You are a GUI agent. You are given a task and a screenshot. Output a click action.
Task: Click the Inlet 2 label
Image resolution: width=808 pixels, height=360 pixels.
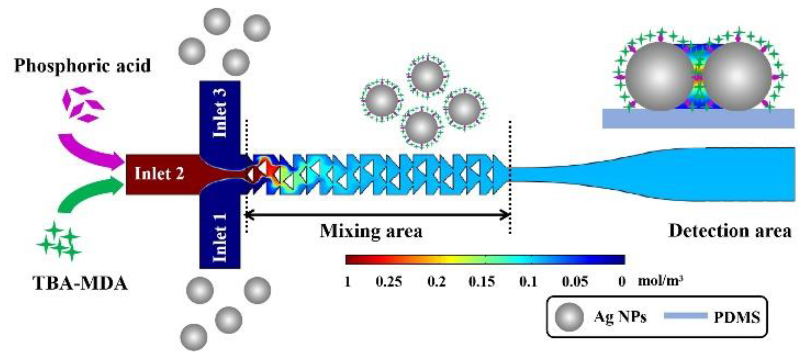click(x=159, y=174)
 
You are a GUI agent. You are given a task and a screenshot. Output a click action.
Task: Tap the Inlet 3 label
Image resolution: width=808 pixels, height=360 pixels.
click(x=220, y=113)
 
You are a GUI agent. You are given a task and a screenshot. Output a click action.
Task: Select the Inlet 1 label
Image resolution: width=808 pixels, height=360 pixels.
click(x=220, y=237)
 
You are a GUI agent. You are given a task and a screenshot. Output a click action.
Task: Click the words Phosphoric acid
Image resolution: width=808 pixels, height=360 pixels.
click(x=83, y=66)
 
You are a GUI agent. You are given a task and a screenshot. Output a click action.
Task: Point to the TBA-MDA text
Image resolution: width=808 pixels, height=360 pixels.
click(x=80, y=283)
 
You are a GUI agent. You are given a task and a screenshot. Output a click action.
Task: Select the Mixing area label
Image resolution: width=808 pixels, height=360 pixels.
click(x=371, y=231)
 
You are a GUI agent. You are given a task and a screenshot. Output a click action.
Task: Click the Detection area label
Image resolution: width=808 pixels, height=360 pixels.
click(x=730, y=231)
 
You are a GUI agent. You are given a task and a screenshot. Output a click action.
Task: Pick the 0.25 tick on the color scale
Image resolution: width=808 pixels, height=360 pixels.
click(x=389, y=282)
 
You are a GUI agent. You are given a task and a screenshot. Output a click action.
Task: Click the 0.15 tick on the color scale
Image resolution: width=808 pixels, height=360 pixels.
click(x=481, y=282)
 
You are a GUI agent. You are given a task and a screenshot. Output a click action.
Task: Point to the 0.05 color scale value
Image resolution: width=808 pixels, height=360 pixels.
click(x=575, y=282)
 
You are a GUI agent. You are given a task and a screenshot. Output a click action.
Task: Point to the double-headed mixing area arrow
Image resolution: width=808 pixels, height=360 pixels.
click(x=378, y=215)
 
